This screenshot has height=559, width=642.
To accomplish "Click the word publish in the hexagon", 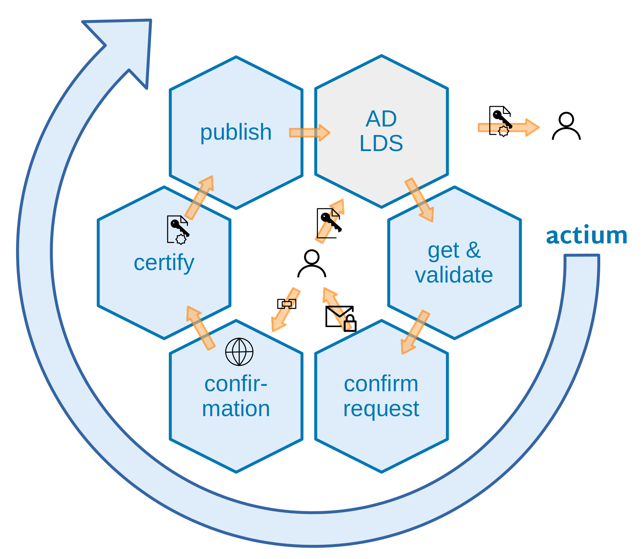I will tap(236, 132).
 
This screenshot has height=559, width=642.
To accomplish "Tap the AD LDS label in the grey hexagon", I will tap(381, 131).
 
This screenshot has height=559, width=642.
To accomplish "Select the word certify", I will tap(164, 263).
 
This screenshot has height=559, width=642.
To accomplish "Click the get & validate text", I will tap(454, 263).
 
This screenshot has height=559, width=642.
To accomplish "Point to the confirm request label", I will tap(381, 396).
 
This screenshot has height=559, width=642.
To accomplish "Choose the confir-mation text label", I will tap(236, 396).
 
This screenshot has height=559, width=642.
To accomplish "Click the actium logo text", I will tap(586, 235).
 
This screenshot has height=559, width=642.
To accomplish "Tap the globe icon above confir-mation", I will tap(239, 352).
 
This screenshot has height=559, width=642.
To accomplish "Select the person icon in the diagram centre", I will tap(312, 264).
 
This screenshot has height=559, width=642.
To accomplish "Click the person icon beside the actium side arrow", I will tap(566, 126).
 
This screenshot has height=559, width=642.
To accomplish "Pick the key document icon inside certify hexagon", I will tap(178, 230).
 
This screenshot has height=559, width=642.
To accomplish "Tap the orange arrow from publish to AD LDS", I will tap(309, 133).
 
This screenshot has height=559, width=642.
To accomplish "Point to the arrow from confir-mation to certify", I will tap(200, 327).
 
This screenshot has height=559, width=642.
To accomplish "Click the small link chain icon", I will tap(287, 304).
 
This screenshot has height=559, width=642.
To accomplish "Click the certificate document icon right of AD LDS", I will tap(500, 121).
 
